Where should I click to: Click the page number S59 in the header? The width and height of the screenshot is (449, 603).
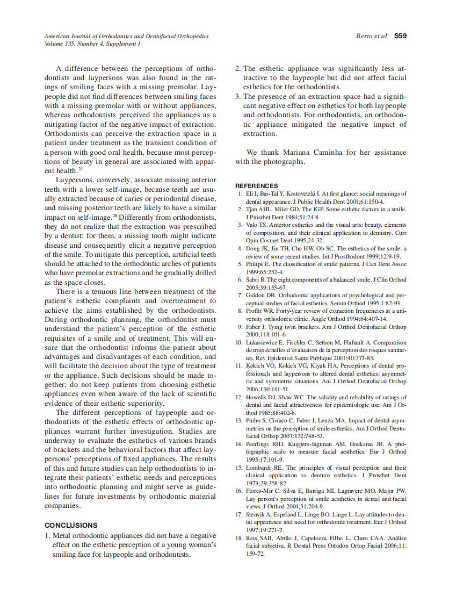(400, 36)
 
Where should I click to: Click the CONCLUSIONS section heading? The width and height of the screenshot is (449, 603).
(71, 525)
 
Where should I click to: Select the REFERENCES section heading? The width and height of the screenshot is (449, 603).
(256, 186)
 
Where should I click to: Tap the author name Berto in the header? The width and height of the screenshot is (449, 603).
(364, 36)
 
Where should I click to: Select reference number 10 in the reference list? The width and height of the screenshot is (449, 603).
(240, 342)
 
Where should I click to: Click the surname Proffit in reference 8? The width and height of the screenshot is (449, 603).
(255, 311)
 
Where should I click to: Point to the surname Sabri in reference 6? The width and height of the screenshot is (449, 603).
(253, 279)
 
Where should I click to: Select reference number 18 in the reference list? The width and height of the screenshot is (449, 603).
(240, 538)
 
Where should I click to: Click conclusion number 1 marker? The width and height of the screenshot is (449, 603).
(47, 535)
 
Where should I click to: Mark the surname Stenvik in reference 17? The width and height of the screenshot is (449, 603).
(256, 514)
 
